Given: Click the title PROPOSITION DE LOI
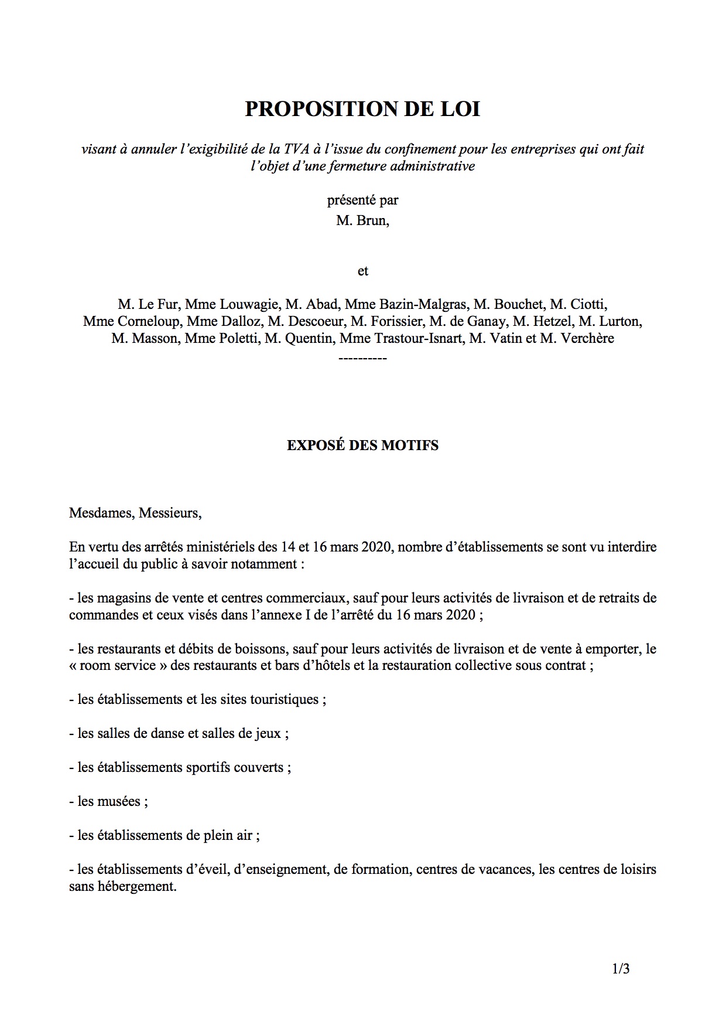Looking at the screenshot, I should pos(362,110).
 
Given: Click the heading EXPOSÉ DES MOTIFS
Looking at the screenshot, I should pos(362,445).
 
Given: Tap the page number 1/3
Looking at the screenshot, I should pos(621,969).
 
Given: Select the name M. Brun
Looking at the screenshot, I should pos(362,221).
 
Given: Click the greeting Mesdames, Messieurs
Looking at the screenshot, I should pos(135,513).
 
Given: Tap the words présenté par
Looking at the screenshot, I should pos(362,200).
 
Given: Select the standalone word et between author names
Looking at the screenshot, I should pos(362,271).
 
